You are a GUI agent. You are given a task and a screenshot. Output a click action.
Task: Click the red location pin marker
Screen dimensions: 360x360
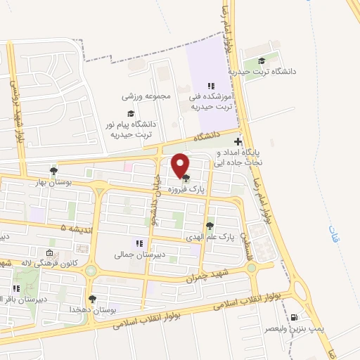click(x=181, y=165)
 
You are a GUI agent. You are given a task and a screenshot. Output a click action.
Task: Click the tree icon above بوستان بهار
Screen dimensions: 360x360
click(x=53, y=171)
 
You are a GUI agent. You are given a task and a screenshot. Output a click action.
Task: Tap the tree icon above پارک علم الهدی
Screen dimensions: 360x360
click(x=210, y=226)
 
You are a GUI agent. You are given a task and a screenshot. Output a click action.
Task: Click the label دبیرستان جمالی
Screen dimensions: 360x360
click(x=139, y=255)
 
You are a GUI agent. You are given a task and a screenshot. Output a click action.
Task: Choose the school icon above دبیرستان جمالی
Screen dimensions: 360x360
click(x=139, y=243)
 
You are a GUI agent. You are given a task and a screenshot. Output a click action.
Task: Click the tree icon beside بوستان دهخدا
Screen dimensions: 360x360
click(x=92, y=300)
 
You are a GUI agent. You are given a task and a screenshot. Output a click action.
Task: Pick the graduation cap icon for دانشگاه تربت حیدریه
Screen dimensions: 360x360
click(x=262, y=61)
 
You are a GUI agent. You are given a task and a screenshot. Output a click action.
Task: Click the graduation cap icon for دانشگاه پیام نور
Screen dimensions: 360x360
click(x=130, y=112)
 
